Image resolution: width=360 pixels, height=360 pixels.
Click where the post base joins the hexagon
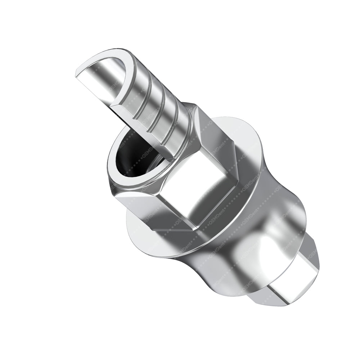click(187, 112)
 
